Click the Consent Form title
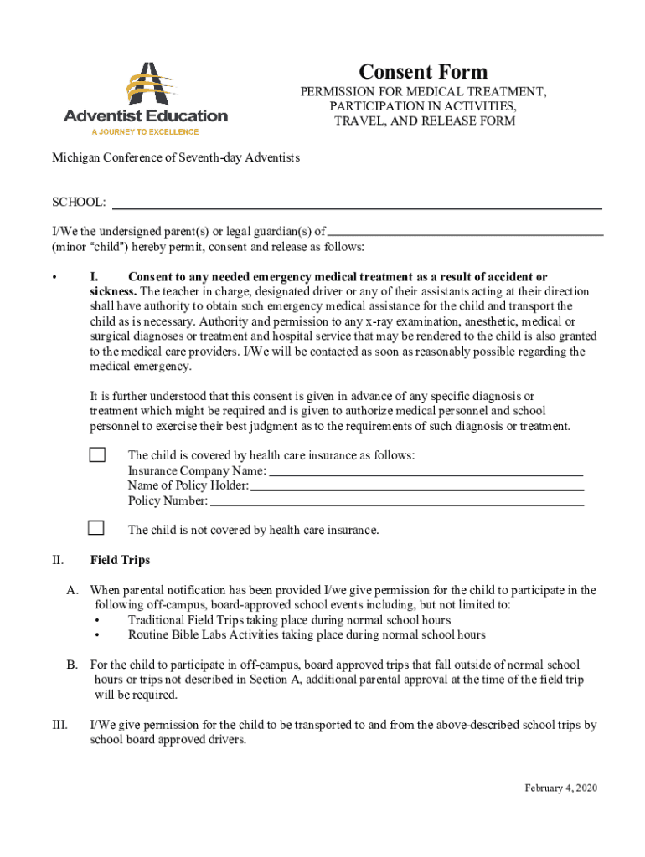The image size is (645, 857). (423, 72)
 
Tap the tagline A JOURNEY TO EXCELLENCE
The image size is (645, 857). (145, 131)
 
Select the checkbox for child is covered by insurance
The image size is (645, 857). (97, 454)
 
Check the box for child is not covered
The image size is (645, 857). (97, 527)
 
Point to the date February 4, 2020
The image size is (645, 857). (561, 788)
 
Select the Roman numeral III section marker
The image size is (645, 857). (59, 725)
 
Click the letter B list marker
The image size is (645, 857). (73, 665)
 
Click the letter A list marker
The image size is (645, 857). (73, 590)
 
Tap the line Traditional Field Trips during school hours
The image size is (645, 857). (289, 620)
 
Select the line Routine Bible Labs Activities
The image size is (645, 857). (307, 635)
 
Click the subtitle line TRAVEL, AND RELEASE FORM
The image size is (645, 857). (423, 121)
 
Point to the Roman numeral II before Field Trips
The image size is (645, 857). (57, 560)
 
